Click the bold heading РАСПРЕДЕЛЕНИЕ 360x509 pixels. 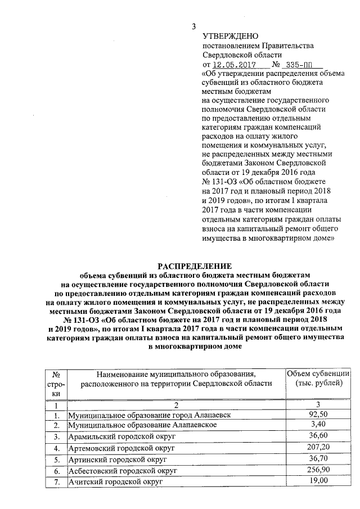coord(193,265)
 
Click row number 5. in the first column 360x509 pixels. coord(56,460)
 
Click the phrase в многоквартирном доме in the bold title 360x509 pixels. coord(193,348)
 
